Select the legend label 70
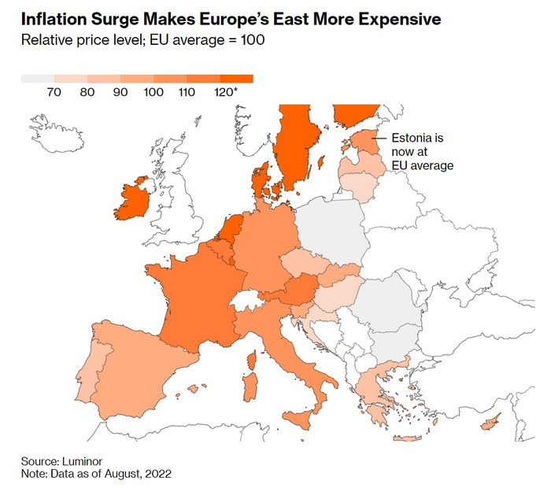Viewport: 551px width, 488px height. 54,93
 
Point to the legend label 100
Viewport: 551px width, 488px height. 154,93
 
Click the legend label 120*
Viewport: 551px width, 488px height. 225,93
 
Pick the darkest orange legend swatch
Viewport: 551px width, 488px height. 236,79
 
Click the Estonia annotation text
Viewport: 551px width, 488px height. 422,152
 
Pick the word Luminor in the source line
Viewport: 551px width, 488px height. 83,460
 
